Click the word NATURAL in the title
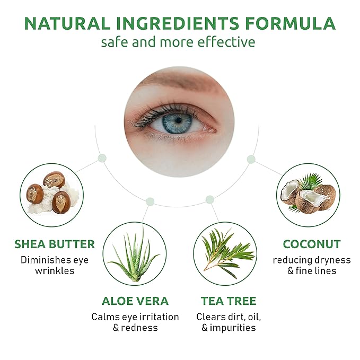(x=67, y=23)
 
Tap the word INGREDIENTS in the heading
(x=178, y=23)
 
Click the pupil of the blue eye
(x=178, y=120)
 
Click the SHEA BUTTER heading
(x=55, y=244)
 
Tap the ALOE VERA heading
(x=135, y=301)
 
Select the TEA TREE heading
(x=229, y=301)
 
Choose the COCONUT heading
(x=312, y=244)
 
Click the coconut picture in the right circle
(x=308, y=194)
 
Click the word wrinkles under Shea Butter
(x=55, y=271)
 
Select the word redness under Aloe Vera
(x=139, y=328)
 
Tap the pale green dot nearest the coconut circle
(x=251, y=160)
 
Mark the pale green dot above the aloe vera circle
(x=150, y=201)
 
